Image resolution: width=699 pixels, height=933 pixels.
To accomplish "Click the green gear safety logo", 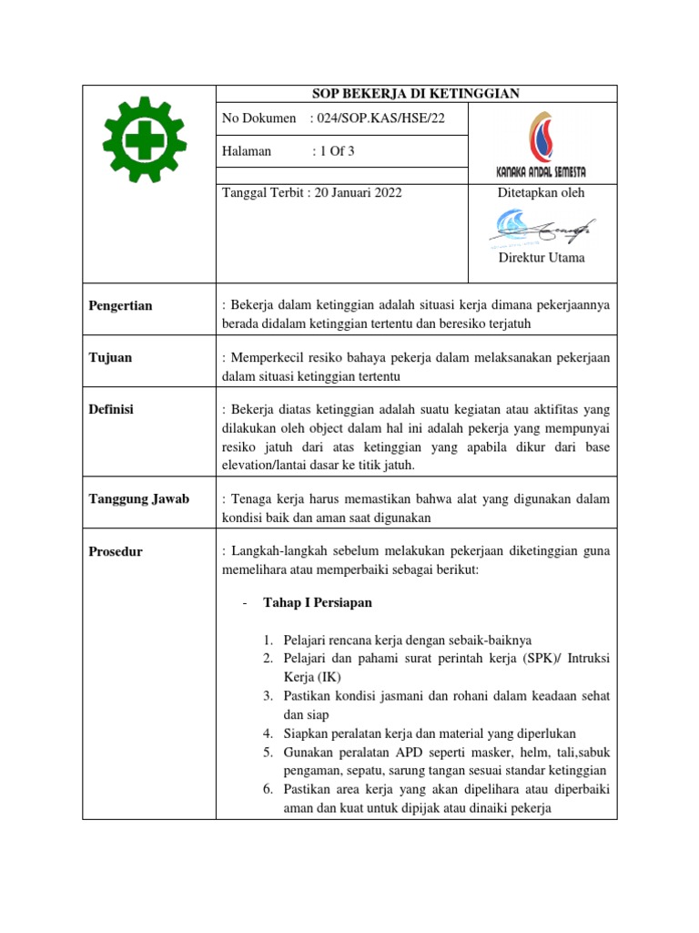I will coord(144,138).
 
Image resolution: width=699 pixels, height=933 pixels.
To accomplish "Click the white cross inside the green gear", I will coord(144,138).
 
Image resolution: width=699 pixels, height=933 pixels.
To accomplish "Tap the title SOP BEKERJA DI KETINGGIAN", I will coord(415,93).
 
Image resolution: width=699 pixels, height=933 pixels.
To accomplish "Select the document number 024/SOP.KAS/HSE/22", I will coord(378,118).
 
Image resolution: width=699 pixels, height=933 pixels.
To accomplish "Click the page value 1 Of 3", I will coord(334,151).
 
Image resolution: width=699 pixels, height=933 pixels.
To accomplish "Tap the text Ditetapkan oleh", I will coord(541,192).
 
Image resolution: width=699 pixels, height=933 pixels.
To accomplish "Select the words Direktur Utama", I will coord(542,258).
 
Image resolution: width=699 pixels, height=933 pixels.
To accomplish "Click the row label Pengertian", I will coord(120,306).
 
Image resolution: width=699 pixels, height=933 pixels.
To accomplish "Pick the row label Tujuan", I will coord(110,357).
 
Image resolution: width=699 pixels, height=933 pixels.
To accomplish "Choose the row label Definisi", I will coord(111,409).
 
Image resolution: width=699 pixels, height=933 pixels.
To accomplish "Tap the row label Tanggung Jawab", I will coord(138,498).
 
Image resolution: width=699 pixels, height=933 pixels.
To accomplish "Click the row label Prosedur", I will coord(116,551).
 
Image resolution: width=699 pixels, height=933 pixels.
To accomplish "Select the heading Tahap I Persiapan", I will coord(317,603).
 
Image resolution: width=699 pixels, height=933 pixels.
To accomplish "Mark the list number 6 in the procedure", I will coord(269,789).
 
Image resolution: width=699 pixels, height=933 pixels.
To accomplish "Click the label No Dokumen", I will coord(259,118).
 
